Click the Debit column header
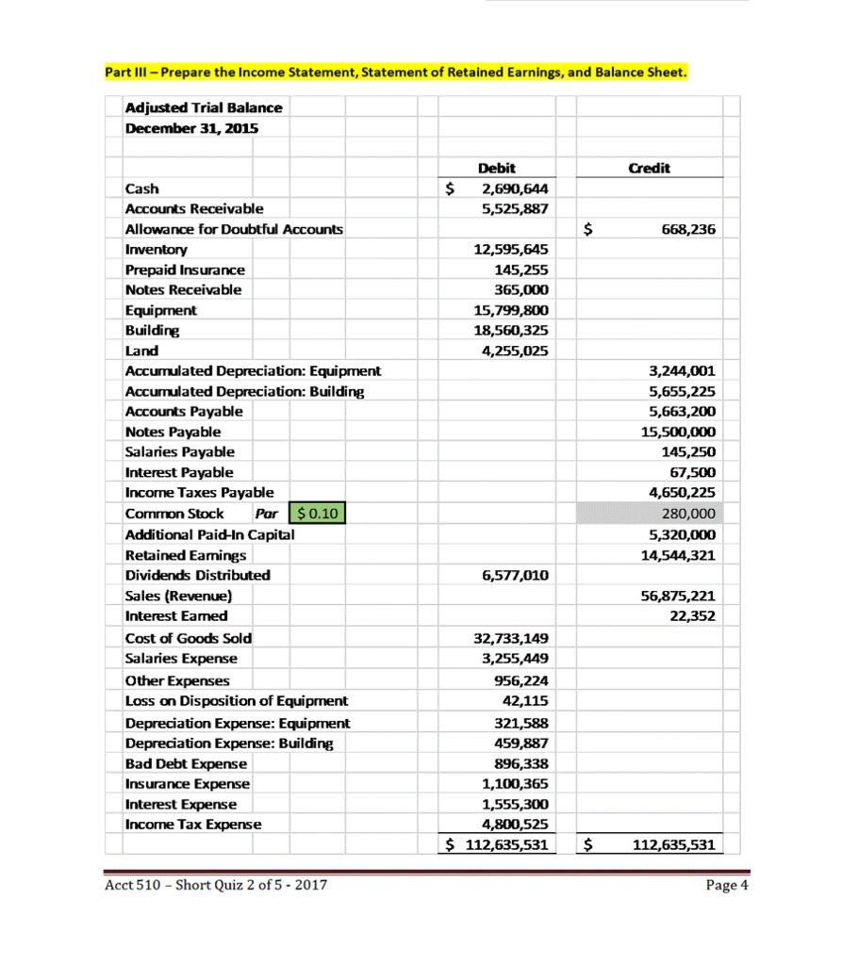pyautogui.click(x=497, y=168)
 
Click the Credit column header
pyautogui.click(x=649, y=168)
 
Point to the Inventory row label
pyautogui.click(x=157, y=250)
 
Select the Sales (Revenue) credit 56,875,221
pyautogui.click(x=676, y=596)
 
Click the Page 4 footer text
pyautogui.click(x=726, y=885)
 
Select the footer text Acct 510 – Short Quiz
pyautogui.click(x=218, y=885)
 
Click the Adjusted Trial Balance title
pyautogui.click(x=204, y=108)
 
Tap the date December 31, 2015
pyautogui.click(x=192, y=128)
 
